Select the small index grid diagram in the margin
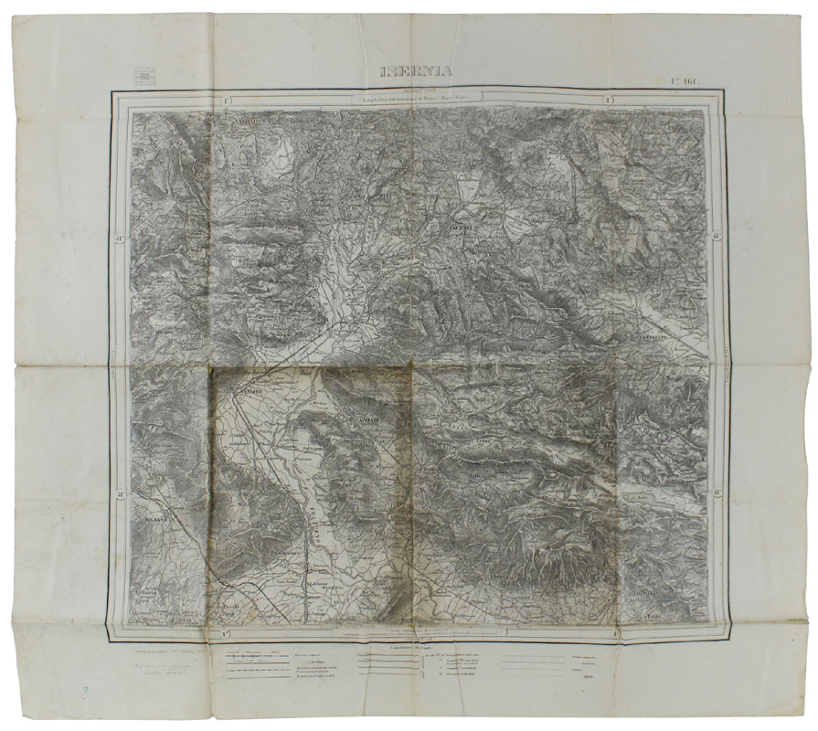point(143,76)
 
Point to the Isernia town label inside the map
point(459,227)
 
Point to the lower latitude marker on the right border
point(719,494)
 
